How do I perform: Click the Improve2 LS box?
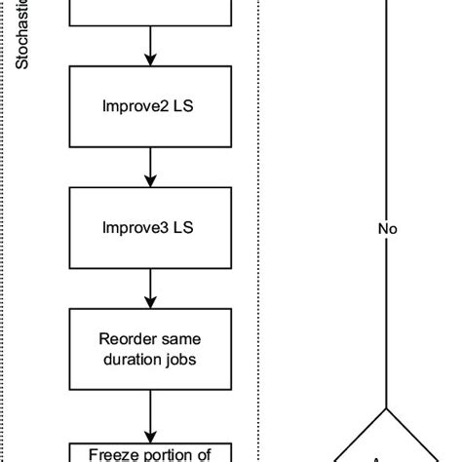(149, 106)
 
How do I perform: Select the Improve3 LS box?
(149, 228)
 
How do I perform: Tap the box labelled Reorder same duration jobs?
(149, 350)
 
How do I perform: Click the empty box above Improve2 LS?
(149, 12)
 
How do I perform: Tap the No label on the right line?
(388, 231)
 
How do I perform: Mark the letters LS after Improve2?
(183, 106)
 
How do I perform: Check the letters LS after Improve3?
(183, 228)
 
